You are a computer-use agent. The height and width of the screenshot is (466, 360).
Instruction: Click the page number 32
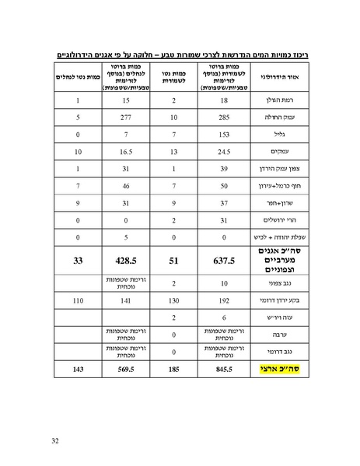click(x=55, y=441)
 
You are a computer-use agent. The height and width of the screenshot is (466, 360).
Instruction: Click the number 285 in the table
click(x=223, y=117)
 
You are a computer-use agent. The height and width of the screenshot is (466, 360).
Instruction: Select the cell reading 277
click(x=124, y=117)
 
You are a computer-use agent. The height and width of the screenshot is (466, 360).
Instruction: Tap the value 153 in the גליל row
click(x=223, y=135)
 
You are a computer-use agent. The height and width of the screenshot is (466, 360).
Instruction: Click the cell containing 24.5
click(x=223, y=152)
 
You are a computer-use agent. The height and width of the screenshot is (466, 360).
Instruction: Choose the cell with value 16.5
click(x=124, y=152)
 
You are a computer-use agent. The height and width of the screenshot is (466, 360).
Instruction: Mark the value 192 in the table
click(x=223, y=300)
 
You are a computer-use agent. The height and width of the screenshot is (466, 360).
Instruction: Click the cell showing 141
click(x=124, y=300)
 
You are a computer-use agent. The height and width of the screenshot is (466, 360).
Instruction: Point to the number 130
click(x=174, y=300)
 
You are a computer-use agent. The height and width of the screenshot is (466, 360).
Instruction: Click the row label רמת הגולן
click(x=283, y=101)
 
